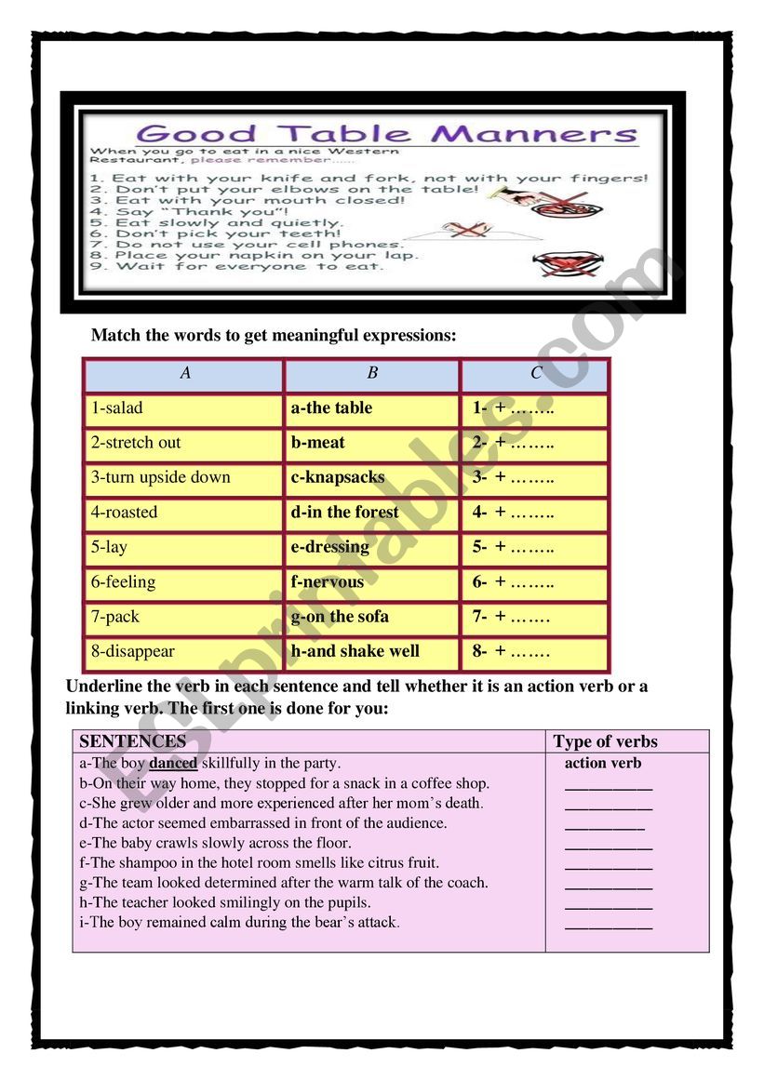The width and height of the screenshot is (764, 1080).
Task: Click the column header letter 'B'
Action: (x=372, y=373)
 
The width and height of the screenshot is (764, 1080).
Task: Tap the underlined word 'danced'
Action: (x=173, y=764)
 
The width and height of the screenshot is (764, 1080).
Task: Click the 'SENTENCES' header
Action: (x=133, y=741)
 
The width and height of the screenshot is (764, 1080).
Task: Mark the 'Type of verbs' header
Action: (x=605, y=741)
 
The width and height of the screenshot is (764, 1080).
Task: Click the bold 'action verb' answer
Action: (x=603, y=764)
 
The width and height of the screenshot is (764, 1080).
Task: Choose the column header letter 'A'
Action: (x=185, y=373)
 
